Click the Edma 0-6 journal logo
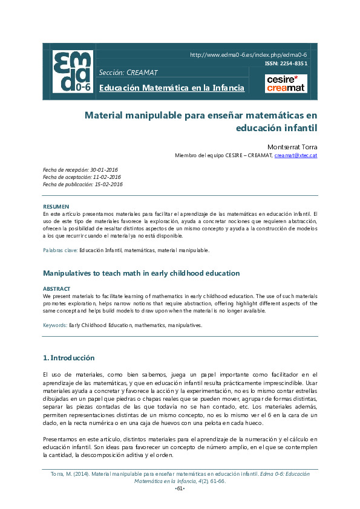pyautogui.click(x=73, y=71)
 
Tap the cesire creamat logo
pyautogui.click(x=286, y=83)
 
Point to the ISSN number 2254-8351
pyautogui.click(x=286, y=63)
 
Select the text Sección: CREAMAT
pyautogui.click(x=128, y=73)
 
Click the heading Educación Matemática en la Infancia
pyautogui.click(x=172, y=88)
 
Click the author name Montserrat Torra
pyautogui.click(x=292, y=147)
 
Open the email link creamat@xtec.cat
pyautogui.click(x=296, y=155)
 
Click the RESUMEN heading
pyautogui.click(x=56, y=207)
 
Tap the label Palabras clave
pyautogui.click(x=60, y=250)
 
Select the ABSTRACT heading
pyautogui.click(x=56, y=289)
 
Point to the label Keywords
pyautogui.click(x=55, y=325)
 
